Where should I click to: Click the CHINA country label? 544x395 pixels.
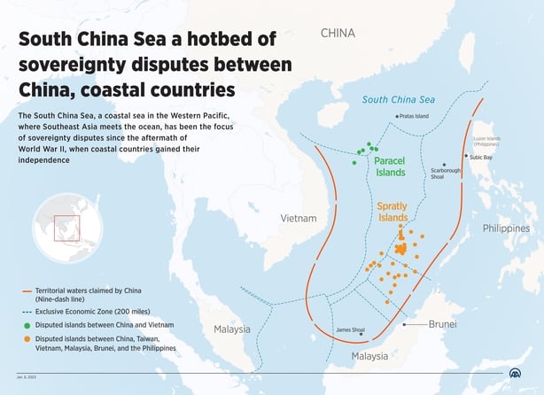pos(337,34)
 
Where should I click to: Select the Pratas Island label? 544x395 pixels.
pos(413,116)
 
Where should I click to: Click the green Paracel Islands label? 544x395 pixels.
pos(390,167)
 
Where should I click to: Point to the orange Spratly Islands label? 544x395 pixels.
pos(392,212)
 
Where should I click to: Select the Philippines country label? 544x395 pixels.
pos(506,228)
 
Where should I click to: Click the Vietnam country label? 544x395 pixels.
pos(299,218)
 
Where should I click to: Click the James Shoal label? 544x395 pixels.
pos(350,330)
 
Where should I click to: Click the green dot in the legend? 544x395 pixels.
pos(27,323)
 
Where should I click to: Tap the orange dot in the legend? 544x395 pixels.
pos(27,338)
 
